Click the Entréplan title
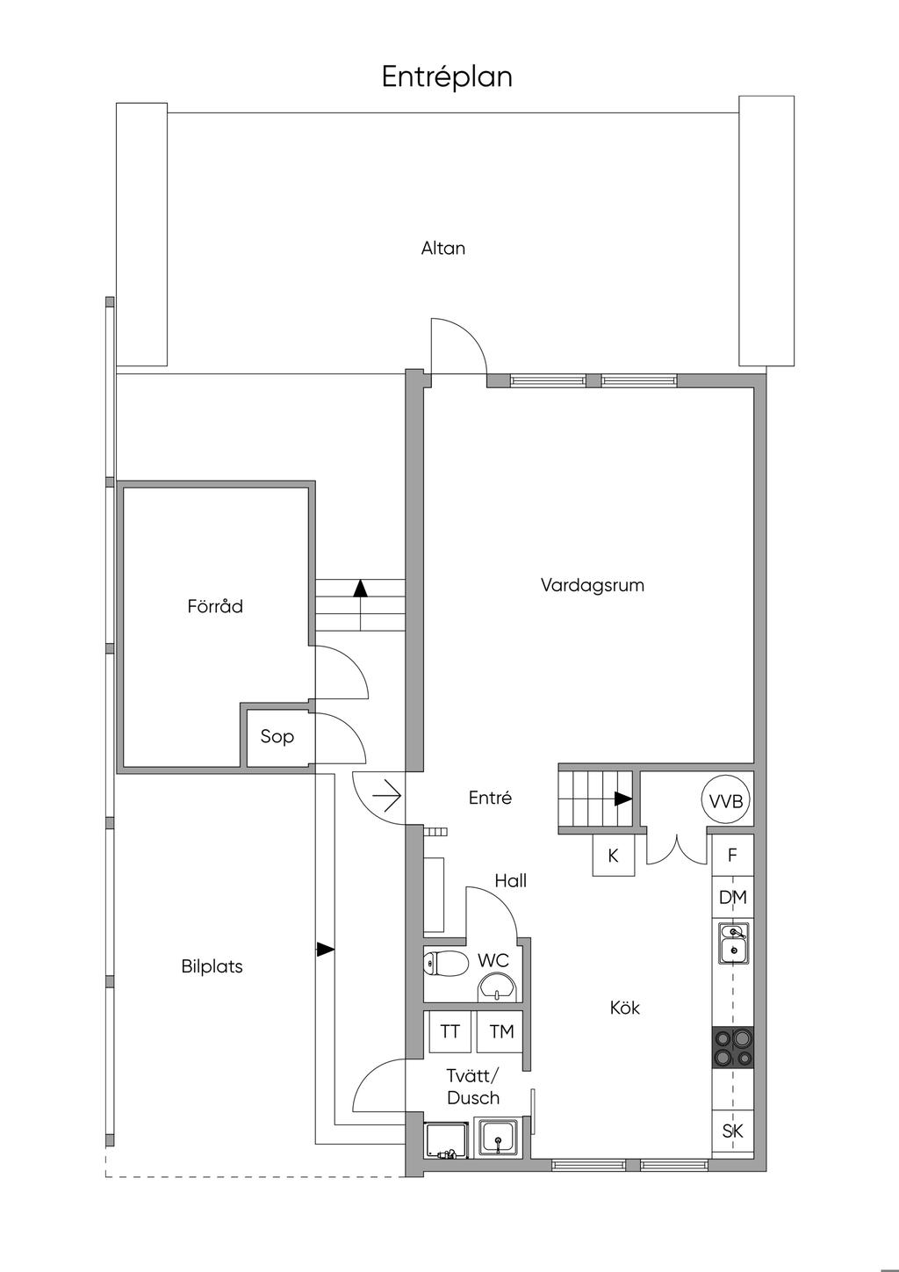tap(447, 77)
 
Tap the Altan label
tap(443, 248)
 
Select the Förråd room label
tap(215, 606)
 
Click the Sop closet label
tap(277, 736)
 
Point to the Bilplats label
tap(212, 966)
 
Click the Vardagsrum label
tap(593, 585)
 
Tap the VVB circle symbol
tap(726, 800)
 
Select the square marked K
tap(614, 856)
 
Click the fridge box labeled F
tap(733, 856)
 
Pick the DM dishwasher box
tap(733, 897)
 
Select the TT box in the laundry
tap(450, 1032)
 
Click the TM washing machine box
tap(502, 1032)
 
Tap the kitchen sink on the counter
tap(733, 943)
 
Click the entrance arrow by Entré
tap(387, 796)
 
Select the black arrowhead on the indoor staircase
tap(623, 799)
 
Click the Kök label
tap(625, 1008)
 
